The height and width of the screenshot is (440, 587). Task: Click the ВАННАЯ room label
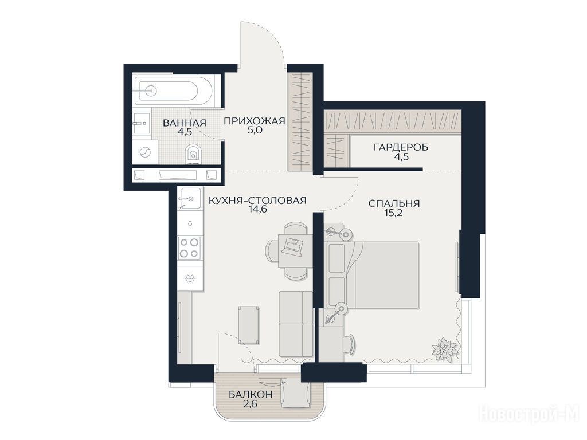184,123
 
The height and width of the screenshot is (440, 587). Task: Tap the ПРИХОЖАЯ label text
255,121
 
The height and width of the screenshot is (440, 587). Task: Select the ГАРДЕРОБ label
401,147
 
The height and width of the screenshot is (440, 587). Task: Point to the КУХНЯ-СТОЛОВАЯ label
257,201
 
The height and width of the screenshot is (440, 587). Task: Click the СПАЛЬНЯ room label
394,203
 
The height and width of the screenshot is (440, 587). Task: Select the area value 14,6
257,210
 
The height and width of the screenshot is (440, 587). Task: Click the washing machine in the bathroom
144,152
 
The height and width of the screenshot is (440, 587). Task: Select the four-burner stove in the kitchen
189,247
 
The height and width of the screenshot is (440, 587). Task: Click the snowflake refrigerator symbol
190,278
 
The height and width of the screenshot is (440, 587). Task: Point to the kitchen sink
190,199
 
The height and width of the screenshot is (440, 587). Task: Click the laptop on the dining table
292,246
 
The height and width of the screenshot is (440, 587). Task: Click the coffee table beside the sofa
249,324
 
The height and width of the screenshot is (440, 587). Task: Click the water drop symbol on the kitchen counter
190,223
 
